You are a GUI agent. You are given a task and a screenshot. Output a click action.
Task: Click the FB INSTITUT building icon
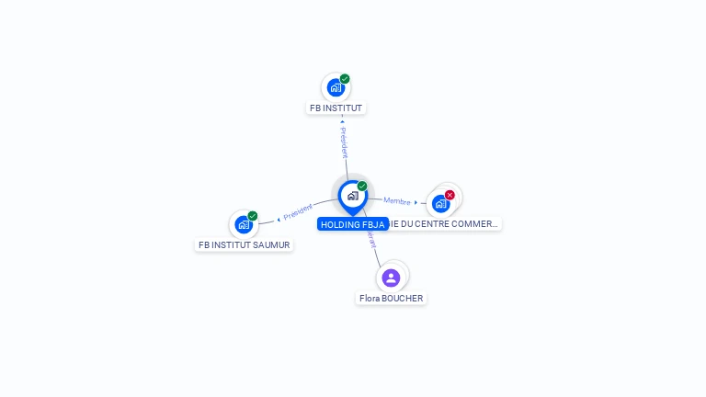(x=336, y=88)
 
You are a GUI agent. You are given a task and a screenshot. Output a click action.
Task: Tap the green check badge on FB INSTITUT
(x=345, y=79)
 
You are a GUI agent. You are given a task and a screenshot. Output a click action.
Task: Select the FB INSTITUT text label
(x=336, y=108)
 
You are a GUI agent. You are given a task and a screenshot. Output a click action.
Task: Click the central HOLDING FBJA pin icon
(x=352, y=196)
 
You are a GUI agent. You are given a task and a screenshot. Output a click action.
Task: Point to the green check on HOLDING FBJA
(x=362, y=187)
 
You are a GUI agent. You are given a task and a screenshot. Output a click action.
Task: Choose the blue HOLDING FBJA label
(x=352, y=224)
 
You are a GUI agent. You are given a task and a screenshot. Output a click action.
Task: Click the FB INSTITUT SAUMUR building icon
(x=244, y=224)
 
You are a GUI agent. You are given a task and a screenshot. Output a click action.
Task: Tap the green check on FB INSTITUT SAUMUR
(x=253, y=216)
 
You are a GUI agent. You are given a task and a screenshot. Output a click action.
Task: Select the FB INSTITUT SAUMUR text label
(x=245, y=245)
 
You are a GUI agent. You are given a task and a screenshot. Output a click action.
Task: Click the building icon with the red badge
(x=440, y=203)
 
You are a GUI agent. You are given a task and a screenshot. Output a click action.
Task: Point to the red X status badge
(x=450, y=195)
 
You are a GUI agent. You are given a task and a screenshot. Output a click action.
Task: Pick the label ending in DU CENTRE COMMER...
(x=445, y=224)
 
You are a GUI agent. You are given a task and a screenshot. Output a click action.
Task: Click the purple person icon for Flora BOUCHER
(x=391, y=278)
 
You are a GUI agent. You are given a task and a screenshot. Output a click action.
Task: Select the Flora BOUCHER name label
(x=391, y=299)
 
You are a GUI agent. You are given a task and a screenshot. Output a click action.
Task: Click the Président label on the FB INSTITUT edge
(x=344, y=142)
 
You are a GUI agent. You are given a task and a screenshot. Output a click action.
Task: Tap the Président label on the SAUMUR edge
(x=298, y=212)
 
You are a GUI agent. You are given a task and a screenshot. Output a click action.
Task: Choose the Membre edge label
(x=396, y=200)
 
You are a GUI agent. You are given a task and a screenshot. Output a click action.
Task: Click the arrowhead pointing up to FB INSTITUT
(x=342, y=120)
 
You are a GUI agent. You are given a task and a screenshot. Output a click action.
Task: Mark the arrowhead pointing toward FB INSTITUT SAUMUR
(x=279, y=220)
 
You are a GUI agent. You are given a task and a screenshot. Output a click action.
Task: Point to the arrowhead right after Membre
(x=416, y=202)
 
